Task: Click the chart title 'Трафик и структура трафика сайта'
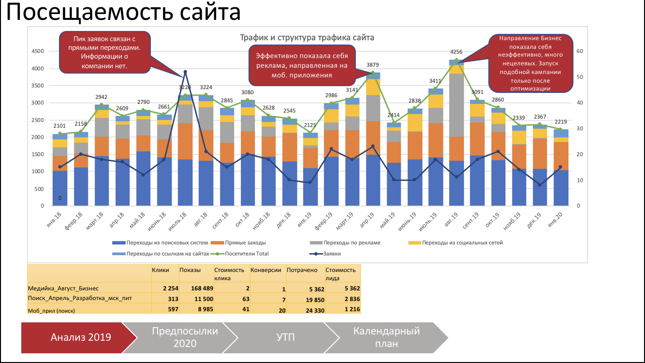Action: tap(307, 38)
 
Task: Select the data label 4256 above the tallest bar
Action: tap(456, 52)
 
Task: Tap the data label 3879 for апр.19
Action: tap(372, 65)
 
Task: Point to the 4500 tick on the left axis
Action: tap(37, 51)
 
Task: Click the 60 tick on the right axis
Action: tap(580, 51)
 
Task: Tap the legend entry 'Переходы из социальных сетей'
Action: tap(462, 242)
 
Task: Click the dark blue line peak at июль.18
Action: tap(185, 72)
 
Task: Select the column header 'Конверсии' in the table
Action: tap(266, 271)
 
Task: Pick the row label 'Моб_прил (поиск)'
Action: tap(52, 309)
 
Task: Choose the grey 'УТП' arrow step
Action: tap(286, 337)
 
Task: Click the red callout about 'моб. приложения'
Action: tap(302, 65)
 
